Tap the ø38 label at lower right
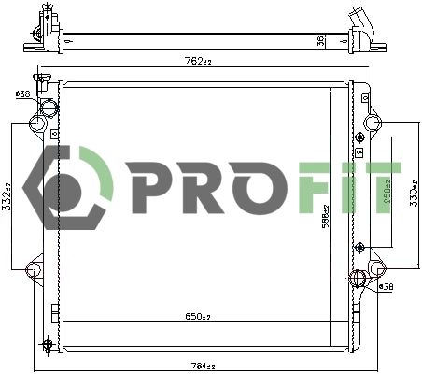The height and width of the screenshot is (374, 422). pyautogui.click(x=386, y=286)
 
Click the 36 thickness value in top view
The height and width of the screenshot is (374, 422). pyautogui.click(x=320, y=39)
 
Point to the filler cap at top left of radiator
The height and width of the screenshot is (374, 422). pyautogui.click(x=40, y=77)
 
